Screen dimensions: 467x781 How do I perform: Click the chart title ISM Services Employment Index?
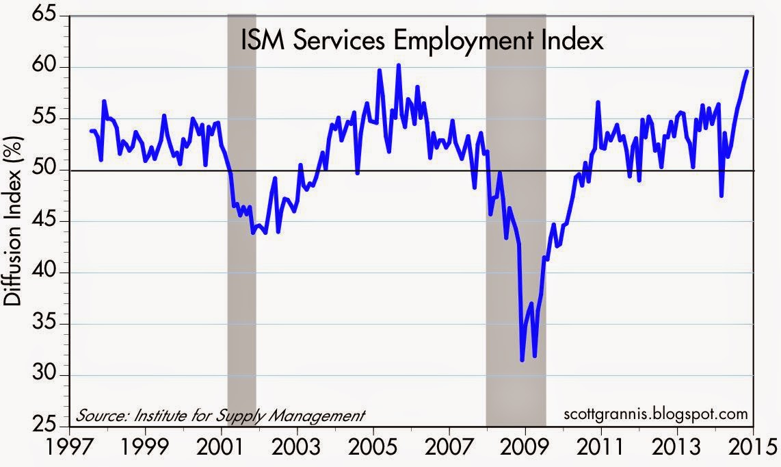(421, 41)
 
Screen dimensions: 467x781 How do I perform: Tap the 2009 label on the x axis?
(525, 449)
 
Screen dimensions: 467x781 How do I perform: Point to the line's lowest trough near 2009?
(522, 360)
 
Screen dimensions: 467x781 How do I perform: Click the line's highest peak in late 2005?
(399, 65)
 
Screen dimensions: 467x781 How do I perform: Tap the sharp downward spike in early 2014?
(722, 196)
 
